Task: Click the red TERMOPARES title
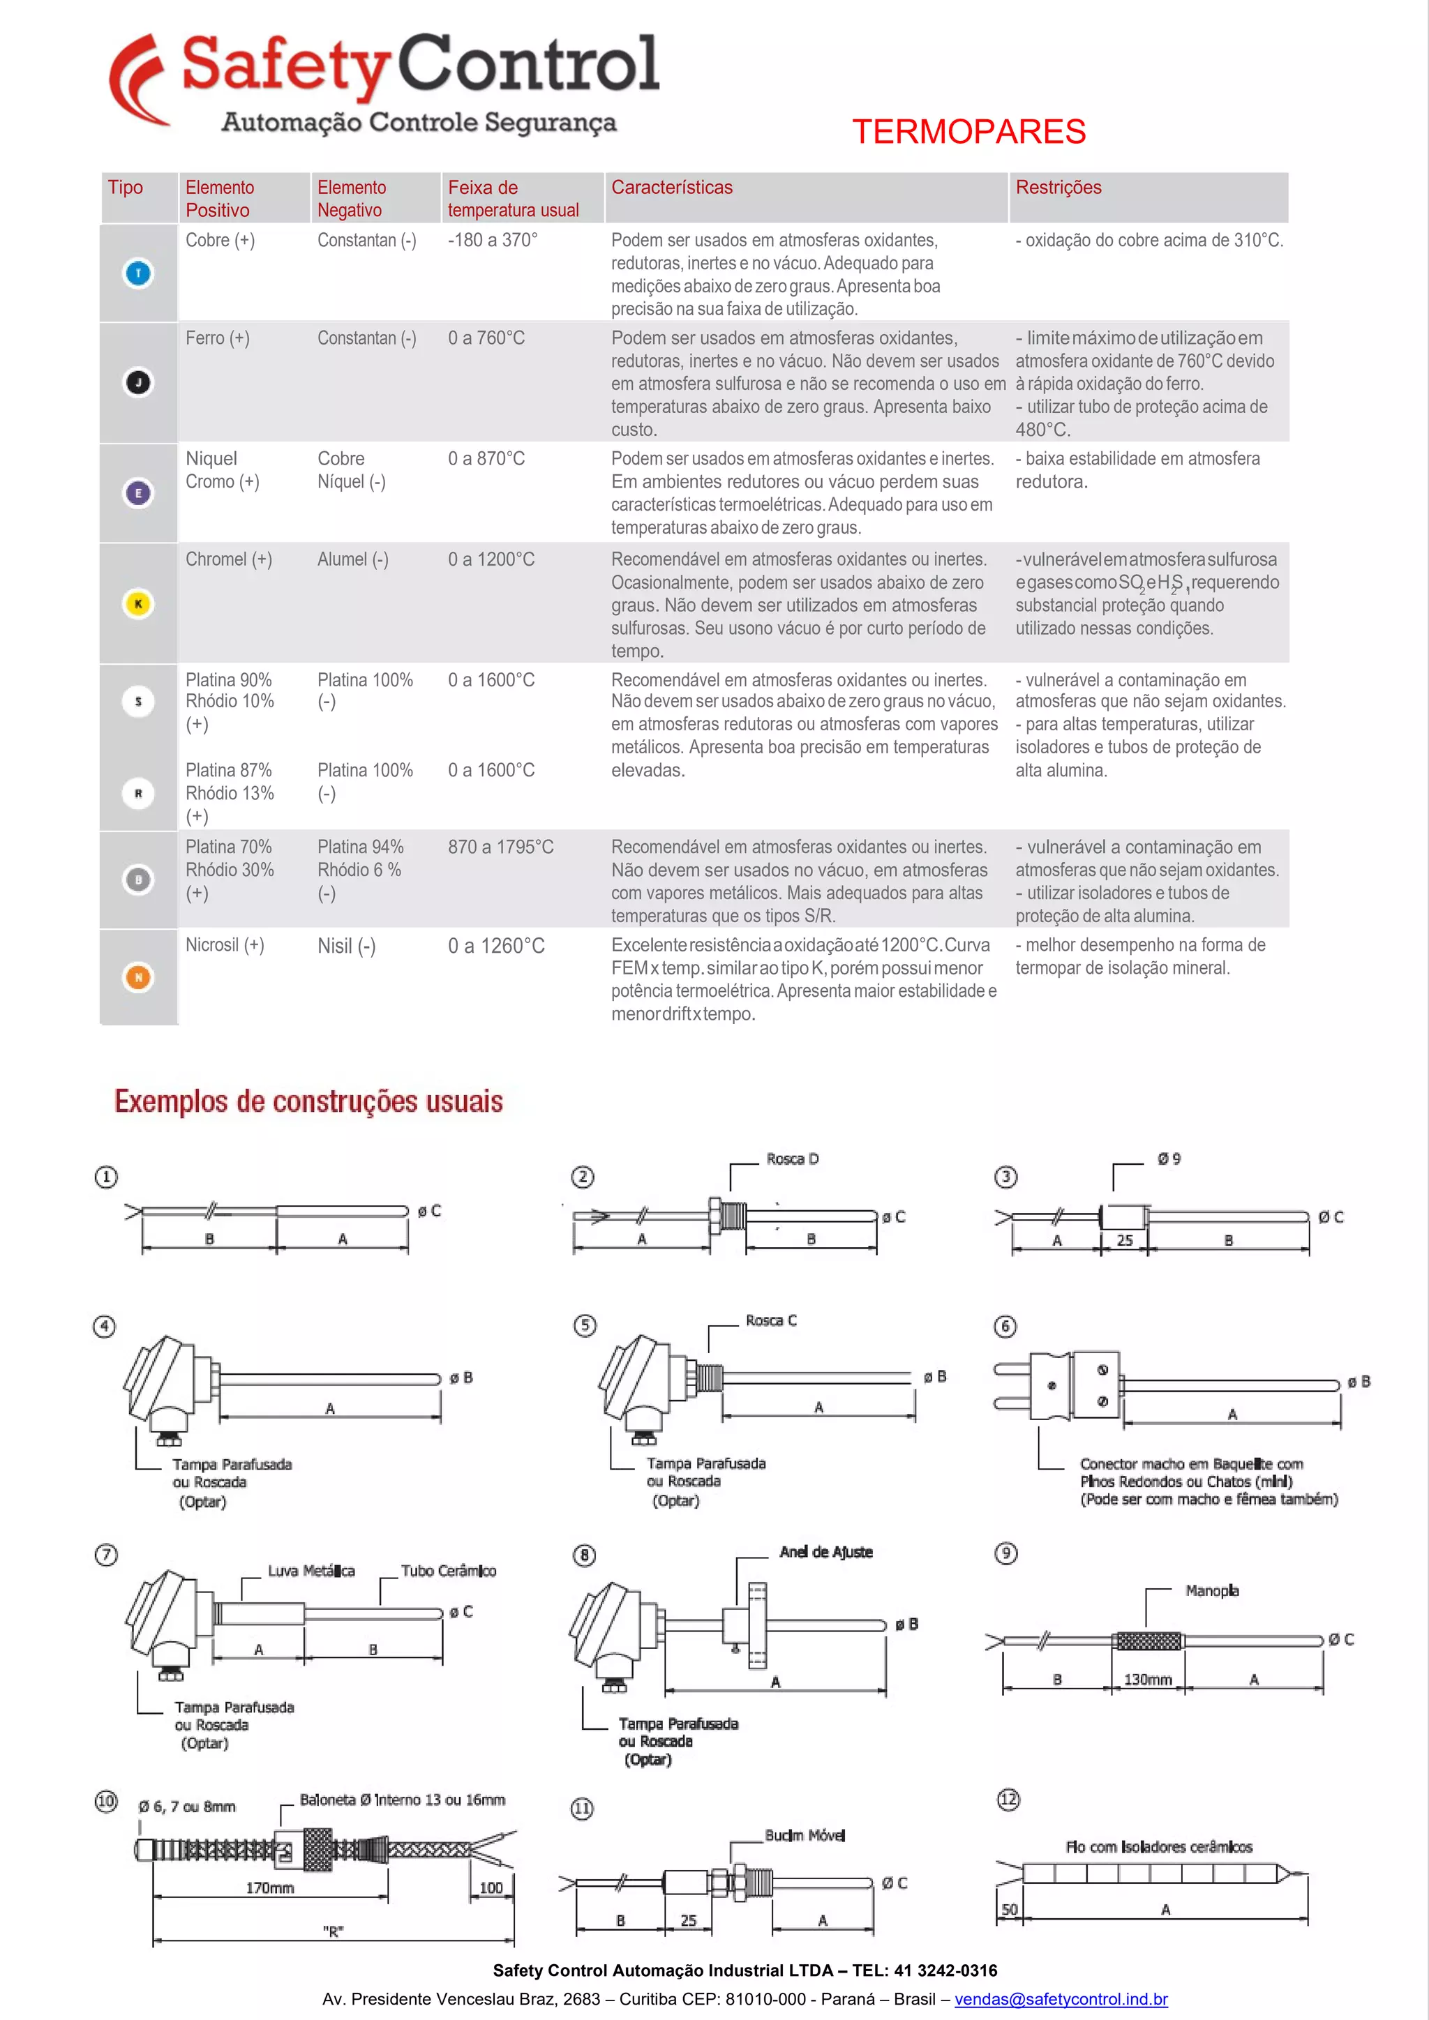point(968,132)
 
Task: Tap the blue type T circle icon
point(138,273)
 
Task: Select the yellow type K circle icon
point(138,603)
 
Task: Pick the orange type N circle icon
point(138,977)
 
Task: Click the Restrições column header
point(1058,188)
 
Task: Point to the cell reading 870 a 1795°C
point(501,847)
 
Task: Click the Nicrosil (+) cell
point(225,945)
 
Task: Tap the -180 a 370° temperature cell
point(492,240)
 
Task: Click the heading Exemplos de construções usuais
point(309,1101)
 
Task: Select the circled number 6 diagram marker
point(1005,1326)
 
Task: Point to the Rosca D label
point(792,1159)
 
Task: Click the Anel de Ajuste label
point(825,1552)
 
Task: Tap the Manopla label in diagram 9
point(1212,1590)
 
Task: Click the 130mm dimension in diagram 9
point(1147,1680)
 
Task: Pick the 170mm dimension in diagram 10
point(269,1888)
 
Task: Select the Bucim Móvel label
point(805,1835)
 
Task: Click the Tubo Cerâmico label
point(448,1571)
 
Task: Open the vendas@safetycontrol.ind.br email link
point(1061,1999)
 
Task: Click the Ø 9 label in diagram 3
point(1169,1159)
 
